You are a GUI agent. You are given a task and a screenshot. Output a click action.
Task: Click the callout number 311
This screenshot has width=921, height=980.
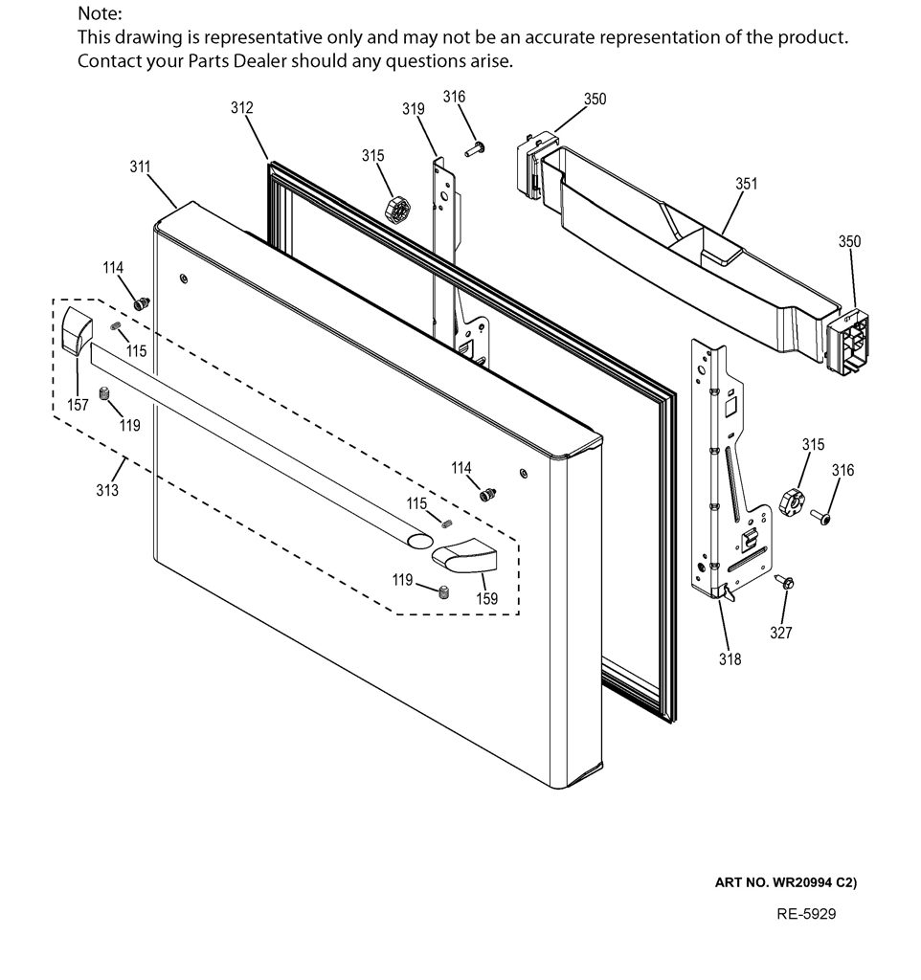(x=140, y=167)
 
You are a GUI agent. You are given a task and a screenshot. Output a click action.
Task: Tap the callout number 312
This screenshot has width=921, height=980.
(x=242, y=108)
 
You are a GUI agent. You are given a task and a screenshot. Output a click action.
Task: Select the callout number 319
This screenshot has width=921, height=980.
(x=414, y=109)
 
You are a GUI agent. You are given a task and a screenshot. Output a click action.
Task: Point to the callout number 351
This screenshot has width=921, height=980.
(x=746, y=184)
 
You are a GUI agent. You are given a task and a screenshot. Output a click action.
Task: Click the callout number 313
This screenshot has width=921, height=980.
(x=107, y=490)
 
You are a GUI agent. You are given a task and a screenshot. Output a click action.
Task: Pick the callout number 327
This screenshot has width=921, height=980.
(x=781, y=633)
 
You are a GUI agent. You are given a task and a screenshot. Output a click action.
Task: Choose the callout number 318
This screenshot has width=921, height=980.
(x=730, y=658)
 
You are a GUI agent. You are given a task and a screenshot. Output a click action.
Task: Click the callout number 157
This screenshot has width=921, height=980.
(x=78, y=405)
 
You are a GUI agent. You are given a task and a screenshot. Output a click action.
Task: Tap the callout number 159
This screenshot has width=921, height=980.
(x=486, y=599)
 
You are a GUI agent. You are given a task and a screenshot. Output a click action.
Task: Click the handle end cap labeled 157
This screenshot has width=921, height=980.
(x=77, y=330)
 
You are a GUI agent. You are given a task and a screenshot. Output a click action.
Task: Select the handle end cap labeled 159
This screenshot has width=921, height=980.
(x=464, y=555)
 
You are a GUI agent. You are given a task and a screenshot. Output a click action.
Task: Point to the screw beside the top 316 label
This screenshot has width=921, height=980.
(x=475, y=149)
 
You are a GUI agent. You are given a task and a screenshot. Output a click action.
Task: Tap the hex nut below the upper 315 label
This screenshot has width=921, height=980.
(x=397, y=210)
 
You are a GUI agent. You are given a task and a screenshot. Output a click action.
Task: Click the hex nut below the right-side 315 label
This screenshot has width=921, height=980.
(x=792, y=501)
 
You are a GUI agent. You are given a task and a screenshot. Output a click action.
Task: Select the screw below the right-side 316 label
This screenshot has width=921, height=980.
(x=820, y=517)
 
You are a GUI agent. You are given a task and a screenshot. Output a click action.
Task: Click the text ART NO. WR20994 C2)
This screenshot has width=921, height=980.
(x=786, y=882)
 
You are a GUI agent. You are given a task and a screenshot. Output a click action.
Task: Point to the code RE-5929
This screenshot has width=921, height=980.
(x=806, y=914)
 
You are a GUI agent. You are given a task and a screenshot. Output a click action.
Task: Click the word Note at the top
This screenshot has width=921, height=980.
(x=100, y=13)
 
